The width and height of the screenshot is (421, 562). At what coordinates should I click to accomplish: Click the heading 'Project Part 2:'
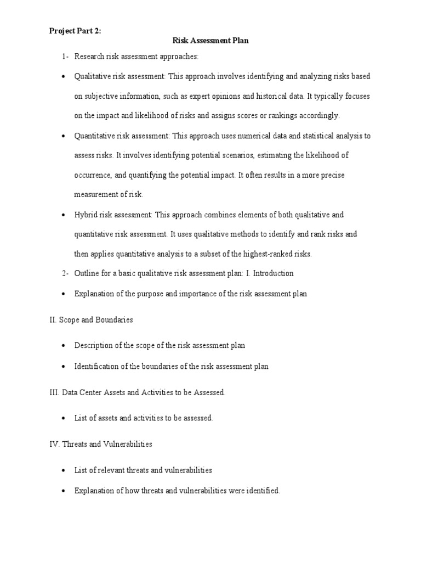click(75, 31)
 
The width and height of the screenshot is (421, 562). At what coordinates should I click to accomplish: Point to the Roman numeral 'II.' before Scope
click(53, 319)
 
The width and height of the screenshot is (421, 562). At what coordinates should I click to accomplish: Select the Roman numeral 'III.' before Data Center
click(54, 392)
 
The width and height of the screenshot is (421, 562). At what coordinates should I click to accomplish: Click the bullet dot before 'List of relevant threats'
click(65, 471)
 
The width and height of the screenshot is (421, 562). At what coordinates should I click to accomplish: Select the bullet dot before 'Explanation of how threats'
click(65, 491)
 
